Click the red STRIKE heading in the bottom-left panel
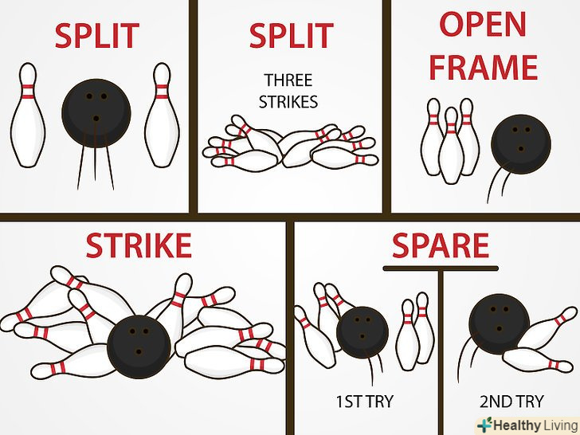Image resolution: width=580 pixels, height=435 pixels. pyautogui.click(x=139, y=245)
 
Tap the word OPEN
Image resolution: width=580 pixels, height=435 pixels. pyautogui.click(x=483, y=24)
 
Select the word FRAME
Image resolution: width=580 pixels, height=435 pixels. pyautogui.click(x=483, y=67)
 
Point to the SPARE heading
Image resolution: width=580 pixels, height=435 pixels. pyautogui.click(x=440, y=245)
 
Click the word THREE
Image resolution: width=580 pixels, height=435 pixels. pyautogui.click(x=288, y=80)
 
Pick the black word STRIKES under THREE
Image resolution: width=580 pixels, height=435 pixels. pyautogui.click(x=288, y=102)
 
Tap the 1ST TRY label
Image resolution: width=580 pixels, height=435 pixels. pyautogui.click(x=364, y=402)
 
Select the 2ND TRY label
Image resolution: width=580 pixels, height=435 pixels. pyautogui.click(x=511, y=402)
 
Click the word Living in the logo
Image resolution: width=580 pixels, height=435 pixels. pyautogui.click(x=561, y=425)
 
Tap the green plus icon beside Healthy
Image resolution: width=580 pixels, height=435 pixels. pyautogui.click(x=485, y=425)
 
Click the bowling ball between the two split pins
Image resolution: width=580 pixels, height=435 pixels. pyautogui.click(x=96, y=113)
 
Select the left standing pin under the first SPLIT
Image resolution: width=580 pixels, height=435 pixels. pyautogui.click(x=28, y=115)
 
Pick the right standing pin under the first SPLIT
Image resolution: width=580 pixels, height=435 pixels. pyautogui.click(x=162, y=115)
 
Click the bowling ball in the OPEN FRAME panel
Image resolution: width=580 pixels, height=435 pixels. pyautogui.click(x=521, y=144)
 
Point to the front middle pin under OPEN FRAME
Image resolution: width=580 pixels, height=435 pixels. pyautogui.click(x=451, y=145)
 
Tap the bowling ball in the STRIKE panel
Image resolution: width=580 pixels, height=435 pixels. pyautogui.click(x=139, y=347)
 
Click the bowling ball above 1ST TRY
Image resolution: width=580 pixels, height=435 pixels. pyautogui.click(x=362, y=332)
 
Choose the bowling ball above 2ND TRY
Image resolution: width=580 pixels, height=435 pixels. pyautogui.click(x=500, y=324)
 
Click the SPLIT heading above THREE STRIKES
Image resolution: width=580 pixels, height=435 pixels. pyautogui.click(x=292, y=36)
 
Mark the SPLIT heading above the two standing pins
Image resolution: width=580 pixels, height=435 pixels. pyautogui.click(x=97, y=36)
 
